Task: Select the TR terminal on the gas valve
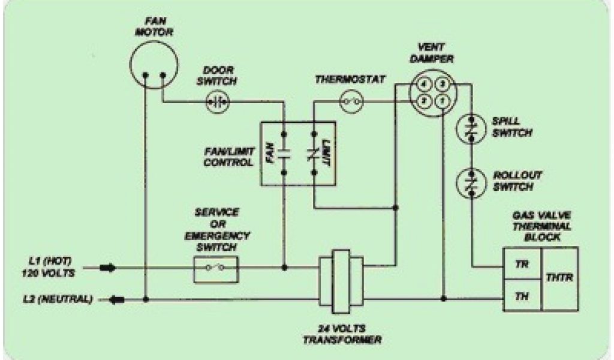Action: (x=522, y=264)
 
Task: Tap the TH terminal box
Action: (x=522, y=296)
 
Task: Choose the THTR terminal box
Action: (x=560, y=279)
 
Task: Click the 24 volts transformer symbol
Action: (x=341, y=280)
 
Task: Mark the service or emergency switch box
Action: (x=216, y=268)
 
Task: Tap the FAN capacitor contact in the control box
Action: (x=284, y=152)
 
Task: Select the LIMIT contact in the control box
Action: (x=314, y=152)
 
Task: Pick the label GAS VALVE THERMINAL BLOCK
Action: (x=541, y=225)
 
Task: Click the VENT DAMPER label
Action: (x=433, y=53)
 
